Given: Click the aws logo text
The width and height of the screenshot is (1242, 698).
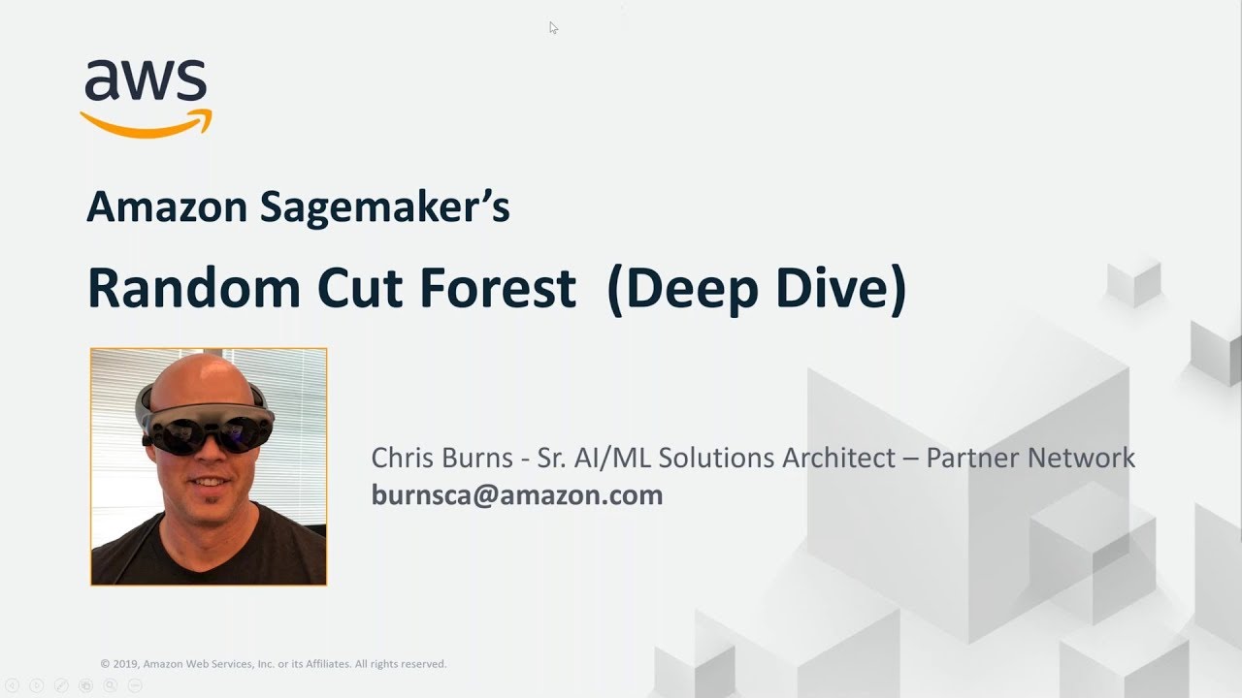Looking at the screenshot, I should pos(146,81).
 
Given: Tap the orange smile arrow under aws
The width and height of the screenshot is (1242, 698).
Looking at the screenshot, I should pos(146,125).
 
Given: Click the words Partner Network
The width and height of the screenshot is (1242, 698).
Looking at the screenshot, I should pos(1030,458).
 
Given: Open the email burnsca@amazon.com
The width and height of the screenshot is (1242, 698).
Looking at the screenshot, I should pos(517,495).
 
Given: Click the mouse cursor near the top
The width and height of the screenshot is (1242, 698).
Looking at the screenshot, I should pos(552,27).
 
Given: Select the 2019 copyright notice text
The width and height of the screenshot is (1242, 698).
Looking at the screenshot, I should pos(273,664).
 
